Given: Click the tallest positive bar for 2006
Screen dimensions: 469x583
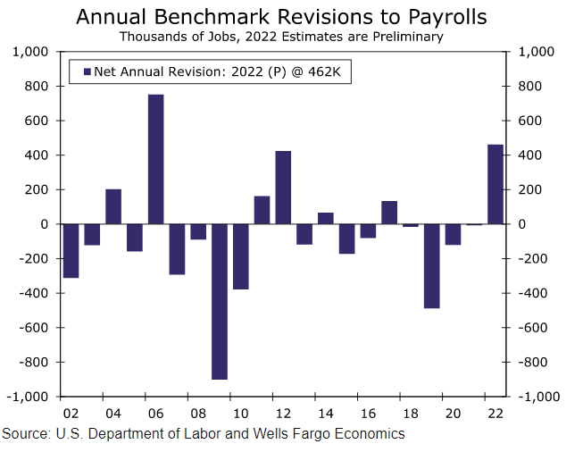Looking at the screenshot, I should (x=155, y=159).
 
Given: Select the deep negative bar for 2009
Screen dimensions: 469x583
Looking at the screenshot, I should (x=220, y=301).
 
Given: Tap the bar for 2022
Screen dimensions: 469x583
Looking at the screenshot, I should (x=496, y=184).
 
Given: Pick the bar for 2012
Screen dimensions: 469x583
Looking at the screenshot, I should (x=283, y=188).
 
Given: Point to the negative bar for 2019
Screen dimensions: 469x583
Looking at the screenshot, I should (x=432, y=266).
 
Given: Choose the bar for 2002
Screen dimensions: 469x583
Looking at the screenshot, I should (x=71, y=251).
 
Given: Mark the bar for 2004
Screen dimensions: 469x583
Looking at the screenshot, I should (x=113, y=206).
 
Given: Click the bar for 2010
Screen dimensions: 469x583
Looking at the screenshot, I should (x=241, y=256).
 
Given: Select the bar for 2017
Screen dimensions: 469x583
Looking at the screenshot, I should (x=389, y=213).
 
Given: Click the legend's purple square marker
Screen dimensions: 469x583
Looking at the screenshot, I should (x=87, y=71).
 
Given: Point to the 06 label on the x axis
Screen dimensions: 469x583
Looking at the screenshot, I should (x=155, y=414).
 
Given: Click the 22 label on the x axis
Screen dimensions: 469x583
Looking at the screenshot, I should (x=496, y=414).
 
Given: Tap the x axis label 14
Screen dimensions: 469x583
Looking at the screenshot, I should (x=326, y=414).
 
